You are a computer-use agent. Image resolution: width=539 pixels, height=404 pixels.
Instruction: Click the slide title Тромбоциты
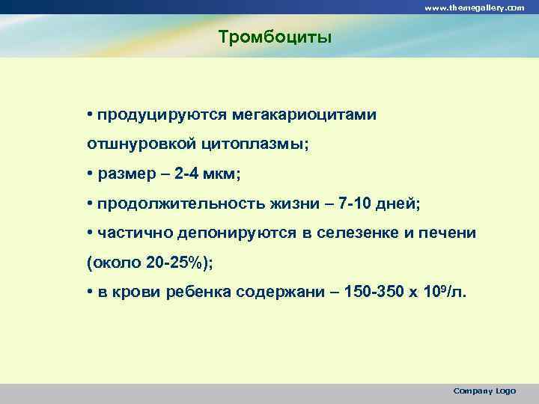tap(274, 37)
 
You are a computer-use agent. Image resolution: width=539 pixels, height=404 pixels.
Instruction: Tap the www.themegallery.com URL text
tap(475, 7)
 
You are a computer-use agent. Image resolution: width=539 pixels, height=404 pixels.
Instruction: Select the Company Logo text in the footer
tap(484, 391)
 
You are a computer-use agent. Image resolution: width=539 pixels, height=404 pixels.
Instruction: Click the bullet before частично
tap(89, 233)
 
